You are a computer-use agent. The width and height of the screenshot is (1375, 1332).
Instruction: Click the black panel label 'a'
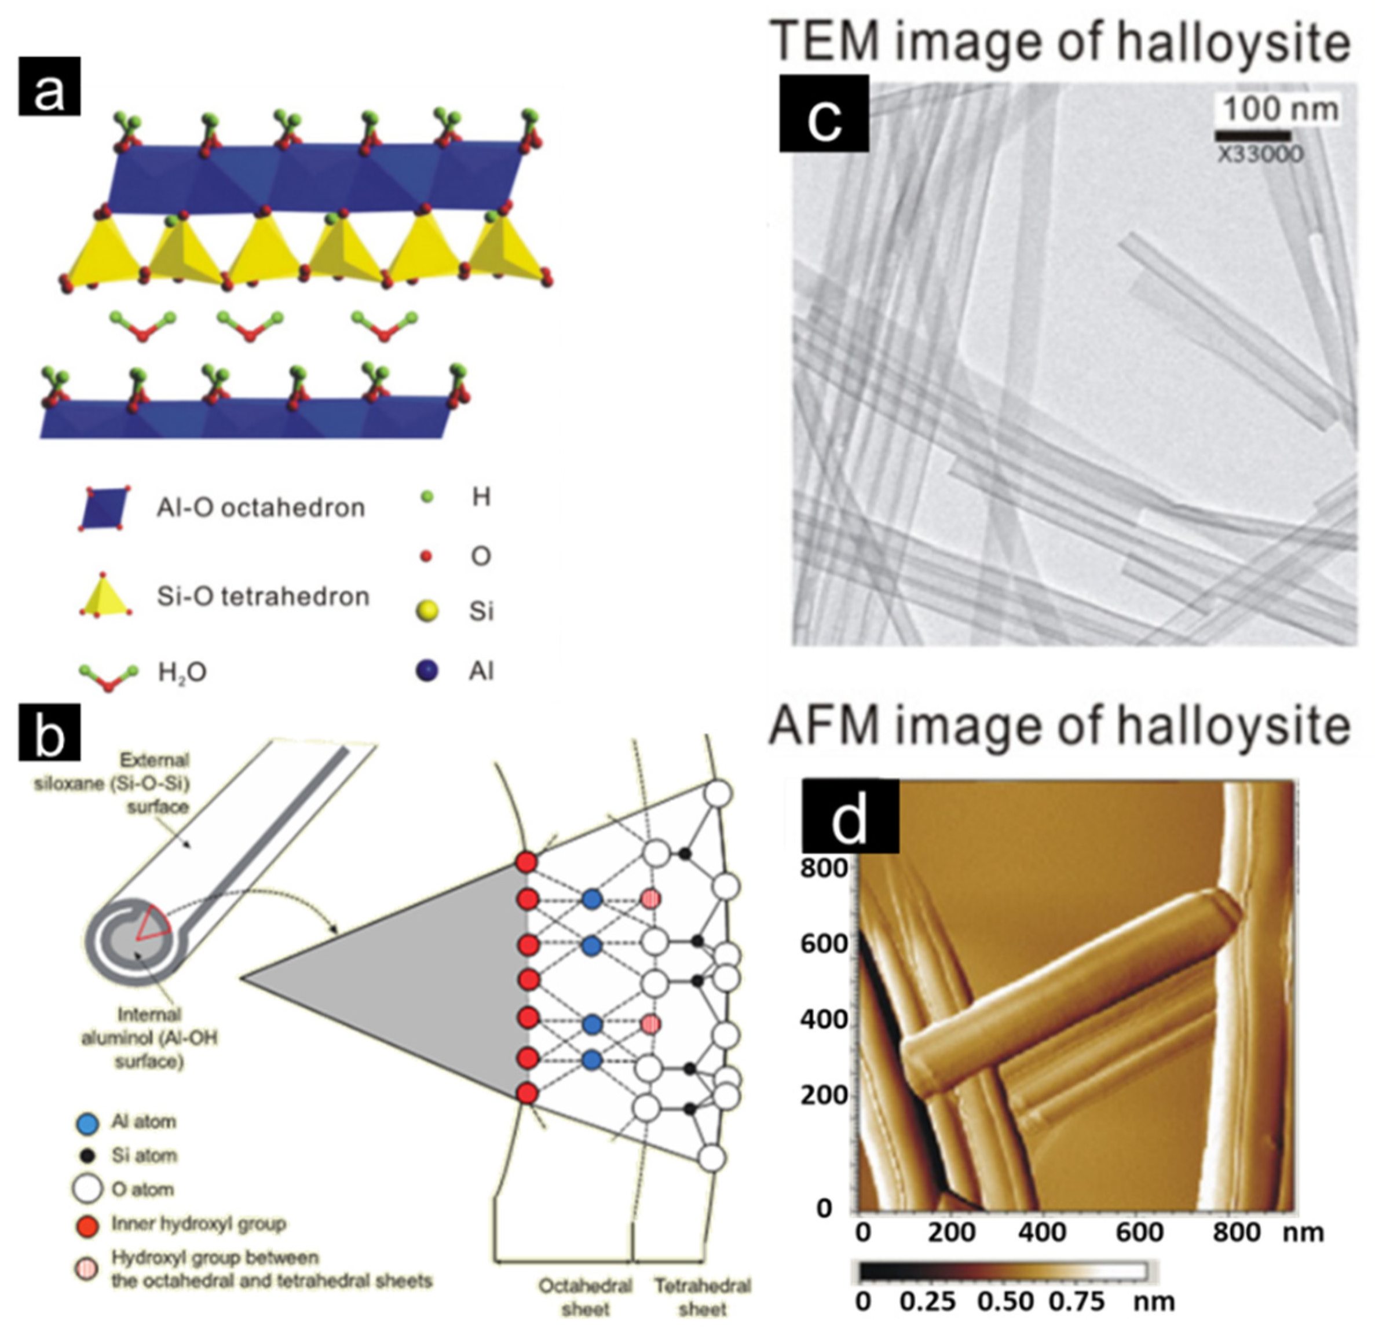coord(49,86)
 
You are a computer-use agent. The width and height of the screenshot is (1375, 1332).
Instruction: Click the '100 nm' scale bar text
coord(1279,109)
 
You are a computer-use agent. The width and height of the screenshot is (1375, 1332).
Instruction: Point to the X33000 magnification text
coord(1259,153)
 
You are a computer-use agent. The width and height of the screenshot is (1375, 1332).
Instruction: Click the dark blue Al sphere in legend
coord(426,671)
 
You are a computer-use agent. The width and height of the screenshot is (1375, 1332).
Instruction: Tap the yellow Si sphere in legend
coord(426,611)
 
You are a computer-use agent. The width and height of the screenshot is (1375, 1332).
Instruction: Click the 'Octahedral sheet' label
coord(585,1297)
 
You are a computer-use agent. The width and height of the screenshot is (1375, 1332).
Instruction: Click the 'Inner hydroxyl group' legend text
coord(199,1224)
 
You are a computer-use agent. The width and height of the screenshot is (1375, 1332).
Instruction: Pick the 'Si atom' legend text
coord(144,1155)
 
